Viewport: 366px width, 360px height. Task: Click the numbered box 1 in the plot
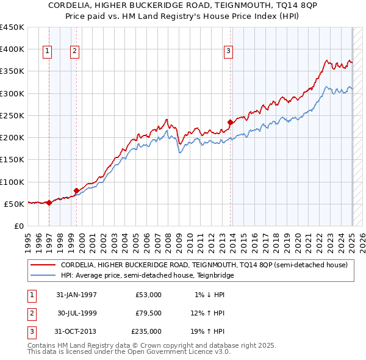tap(47, 51)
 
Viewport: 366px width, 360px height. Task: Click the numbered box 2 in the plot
tap(74, 51)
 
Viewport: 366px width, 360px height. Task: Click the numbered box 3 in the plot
tap(228, 51)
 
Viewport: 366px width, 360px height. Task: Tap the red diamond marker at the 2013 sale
tap(230, 122)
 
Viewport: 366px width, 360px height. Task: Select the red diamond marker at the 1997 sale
tap(49, 203)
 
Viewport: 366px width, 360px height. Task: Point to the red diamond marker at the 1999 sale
tap(76, 190)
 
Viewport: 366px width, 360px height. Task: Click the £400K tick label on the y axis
tap(12, 49)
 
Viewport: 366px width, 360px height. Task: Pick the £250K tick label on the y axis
tap(12, 115)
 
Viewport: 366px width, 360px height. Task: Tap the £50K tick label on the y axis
tap(15, 204)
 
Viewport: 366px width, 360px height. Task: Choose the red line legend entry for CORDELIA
tap(204, 265)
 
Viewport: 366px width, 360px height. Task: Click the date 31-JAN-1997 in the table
tap(76, 295)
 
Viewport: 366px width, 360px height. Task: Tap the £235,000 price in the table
tap(146, 331)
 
